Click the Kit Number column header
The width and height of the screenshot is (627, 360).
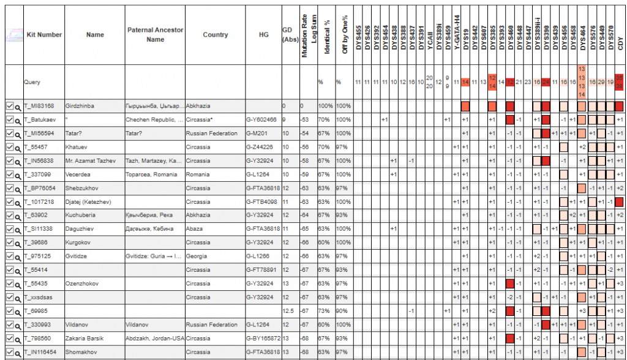44,35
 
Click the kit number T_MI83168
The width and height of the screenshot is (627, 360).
39,105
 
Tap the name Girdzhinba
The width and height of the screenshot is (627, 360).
80,105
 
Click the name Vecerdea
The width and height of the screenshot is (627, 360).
78,174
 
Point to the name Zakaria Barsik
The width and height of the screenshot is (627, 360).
85,338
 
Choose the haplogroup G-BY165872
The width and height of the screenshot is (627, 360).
263,338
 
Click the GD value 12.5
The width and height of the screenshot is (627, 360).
288,311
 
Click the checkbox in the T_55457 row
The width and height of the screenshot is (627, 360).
9,147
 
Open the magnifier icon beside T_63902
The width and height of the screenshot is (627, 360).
18,215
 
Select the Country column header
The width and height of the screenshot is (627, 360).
215,35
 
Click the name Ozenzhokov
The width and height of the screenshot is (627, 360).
82,283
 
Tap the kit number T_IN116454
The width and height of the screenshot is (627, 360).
42,352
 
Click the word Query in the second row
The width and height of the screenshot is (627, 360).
32,81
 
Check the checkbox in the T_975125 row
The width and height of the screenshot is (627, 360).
9,256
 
